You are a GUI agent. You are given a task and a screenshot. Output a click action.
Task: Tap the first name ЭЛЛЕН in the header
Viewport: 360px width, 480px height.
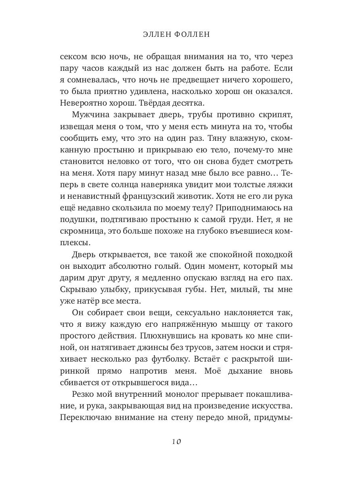(x=159, y=35)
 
